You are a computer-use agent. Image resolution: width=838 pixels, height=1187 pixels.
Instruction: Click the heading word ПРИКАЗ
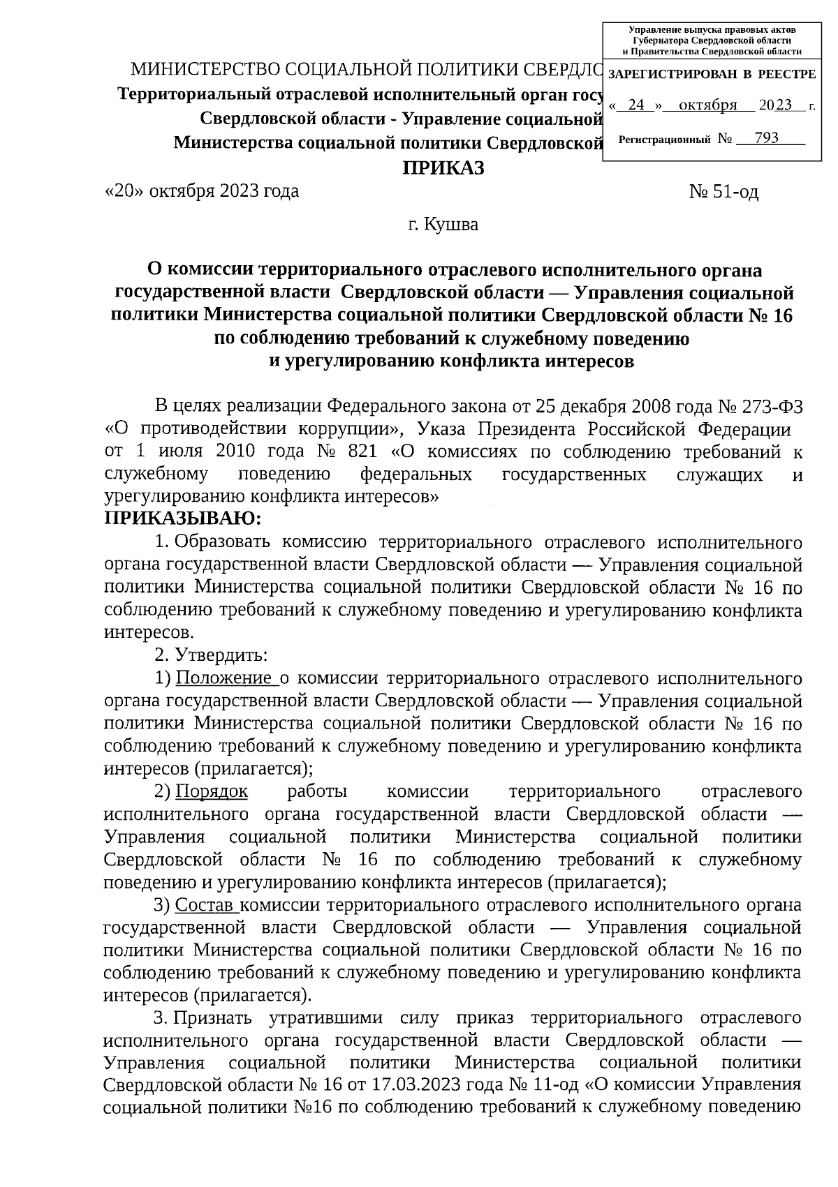(442, 169)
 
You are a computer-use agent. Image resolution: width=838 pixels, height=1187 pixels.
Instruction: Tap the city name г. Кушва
(443, 225)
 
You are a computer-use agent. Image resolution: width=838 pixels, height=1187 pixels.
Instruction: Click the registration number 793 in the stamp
(766, 137)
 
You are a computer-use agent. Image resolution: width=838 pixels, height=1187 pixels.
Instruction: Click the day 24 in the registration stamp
(635, 105)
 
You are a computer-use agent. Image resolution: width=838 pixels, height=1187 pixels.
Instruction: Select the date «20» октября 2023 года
(201, 191)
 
